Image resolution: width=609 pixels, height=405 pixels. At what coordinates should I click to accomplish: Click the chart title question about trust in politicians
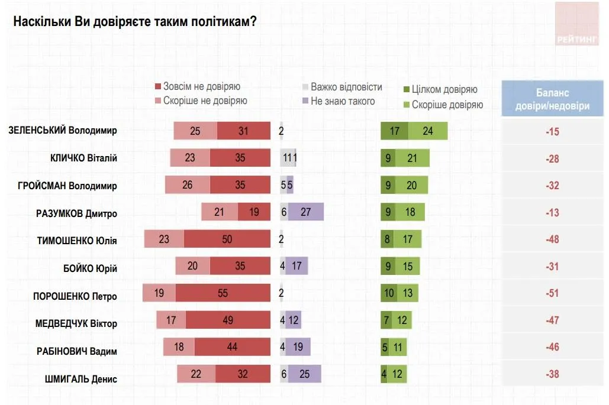coord(134,22)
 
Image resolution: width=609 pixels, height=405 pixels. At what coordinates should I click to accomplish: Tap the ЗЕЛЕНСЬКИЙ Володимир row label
coord(62,131)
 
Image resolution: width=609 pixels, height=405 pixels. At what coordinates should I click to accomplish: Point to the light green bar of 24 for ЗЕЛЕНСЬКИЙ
coord(427,131)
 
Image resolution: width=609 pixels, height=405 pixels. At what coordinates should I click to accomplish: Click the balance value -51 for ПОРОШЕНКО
coord(552,294)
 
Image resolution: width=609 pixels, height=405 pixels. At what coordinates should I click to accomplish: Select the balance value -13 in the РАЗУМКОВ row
coord(552,213)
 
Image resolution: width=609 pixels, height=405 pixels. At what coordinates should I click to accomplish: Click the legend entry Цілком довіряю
coord(443,90)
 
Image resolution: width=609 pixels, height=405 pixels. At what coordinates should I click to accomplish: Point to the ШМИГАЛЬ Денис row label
coord(80,380)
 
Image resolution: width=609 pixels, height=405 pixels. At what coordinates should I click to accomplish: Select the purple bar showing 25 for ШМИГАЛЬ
coord(305,374)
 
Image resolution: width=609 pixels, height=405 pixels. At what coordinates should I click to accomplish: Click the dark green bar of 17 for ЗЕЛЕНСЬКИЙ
coord(394,131)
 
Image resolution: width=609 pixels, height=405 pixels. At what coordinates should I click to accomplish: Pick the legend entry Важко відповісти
coord(346,87)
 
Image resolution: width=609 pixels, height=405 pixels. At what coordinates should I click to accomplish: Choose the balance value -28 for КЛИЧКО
coord(552,158)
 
